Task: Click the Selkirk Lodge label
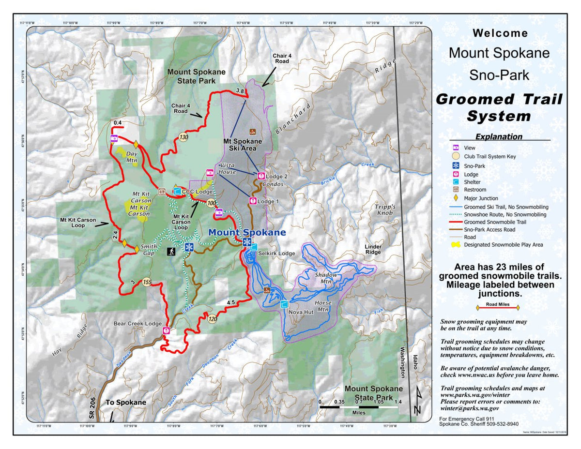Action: (276, 253)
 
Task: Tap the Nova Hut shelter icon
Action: (285, 304)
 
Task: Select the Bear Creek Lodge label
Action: (138, 323)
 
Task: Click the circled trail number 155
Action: (147, 282)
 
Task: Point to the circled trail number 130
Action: (183, 137)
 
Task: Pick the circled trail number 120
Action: (213, 319)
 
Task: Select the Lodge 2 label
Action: (277, 177)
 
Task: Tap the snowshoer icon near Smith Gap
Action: (171, 252)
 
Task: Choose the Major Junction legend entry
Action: (481, 198)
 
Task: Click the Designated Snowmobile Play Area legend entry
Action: (503, 245)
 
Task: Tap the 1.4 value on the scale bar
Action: (398, 402)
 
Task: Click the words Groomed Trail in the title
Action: (499, 99)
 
